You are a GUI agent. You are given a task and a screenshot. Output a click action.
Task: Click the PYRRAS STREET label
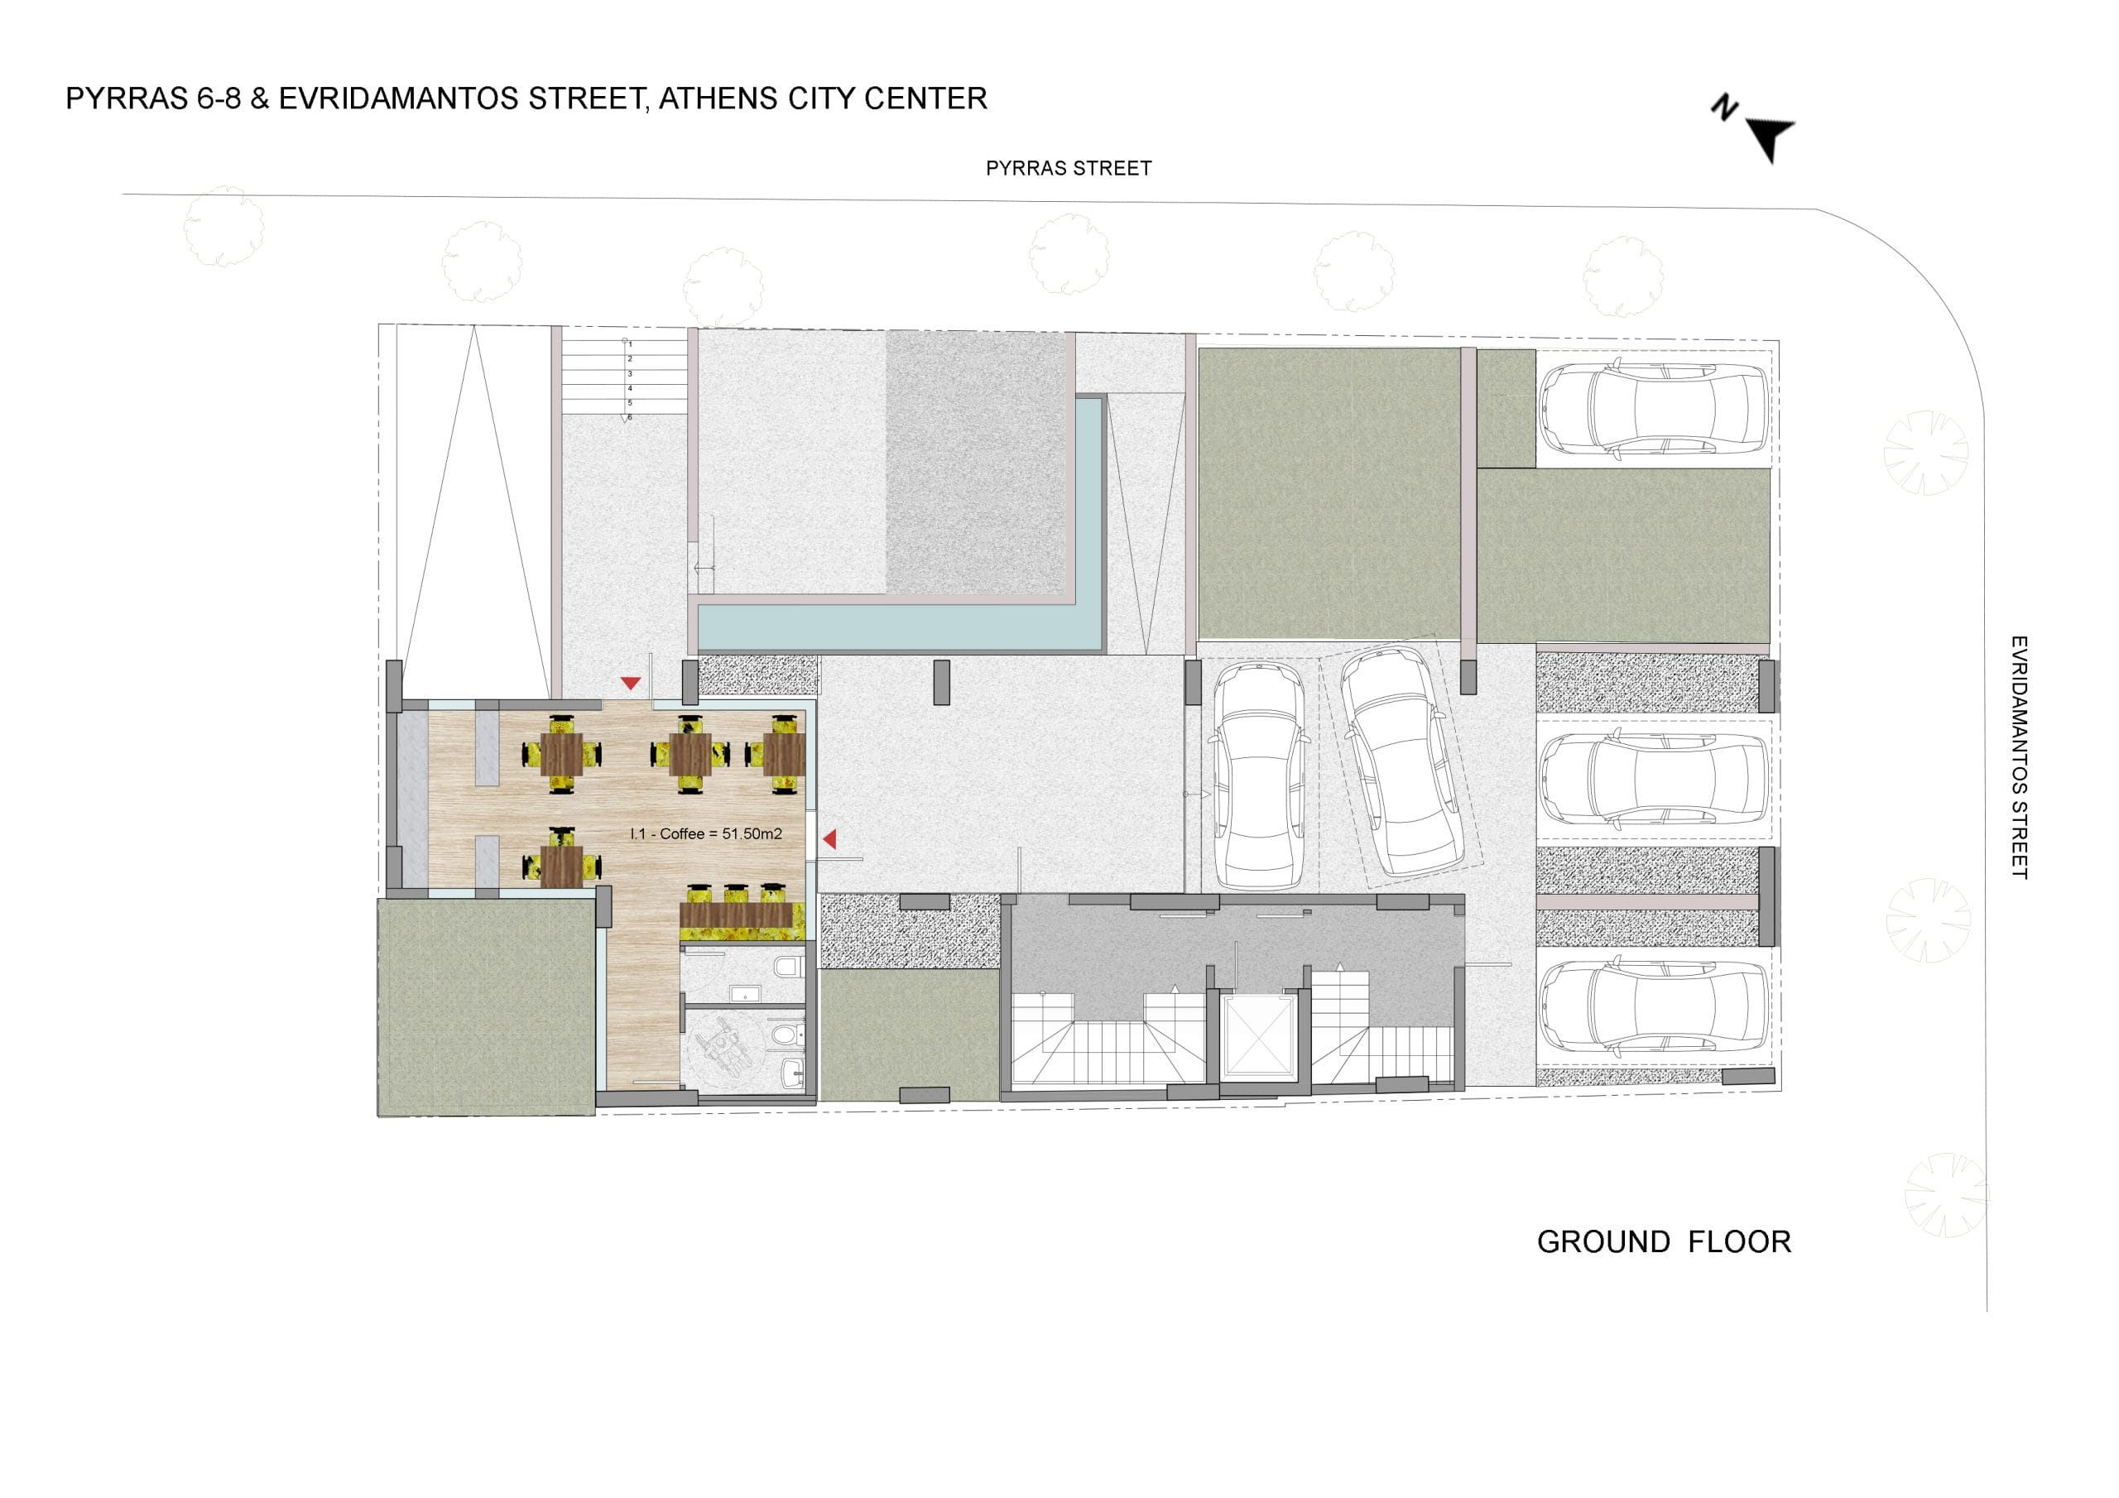(1069, 168)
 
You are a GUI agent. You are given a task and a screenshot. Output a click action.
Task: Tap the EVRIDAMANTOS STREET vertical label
(2020, 756)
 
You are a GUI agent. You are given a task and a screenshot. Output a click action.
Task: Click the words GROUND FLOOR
(1664, 1242)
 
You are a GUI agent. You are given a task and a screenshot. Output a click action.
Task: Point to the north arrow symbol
(1768, 138)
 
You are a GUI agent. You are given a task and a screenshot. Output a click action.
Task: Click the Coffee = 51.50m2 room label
(706, 833)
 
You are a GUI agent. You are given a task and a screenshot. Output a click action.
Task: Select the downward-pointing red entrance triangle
(631, 683)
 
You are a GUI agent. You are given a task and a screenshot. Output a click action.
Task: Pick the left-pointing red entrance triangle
(829, 838)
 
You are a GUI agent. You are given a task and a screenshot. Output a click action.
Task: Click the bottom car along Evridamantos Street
(1654, 1009)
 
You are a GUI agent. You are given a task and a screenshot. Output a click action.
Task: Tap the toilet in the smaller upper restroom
(787, 968)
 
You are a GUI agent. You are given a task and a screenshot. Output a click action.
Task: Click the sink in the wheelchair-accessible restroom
(791, 1072)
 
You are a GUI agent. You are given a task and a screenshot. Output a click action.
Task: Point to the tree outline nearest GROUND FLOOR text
(1945, 1194)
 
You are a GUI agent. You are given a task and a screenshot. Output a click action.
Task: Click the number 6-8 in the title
(219, 98)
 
